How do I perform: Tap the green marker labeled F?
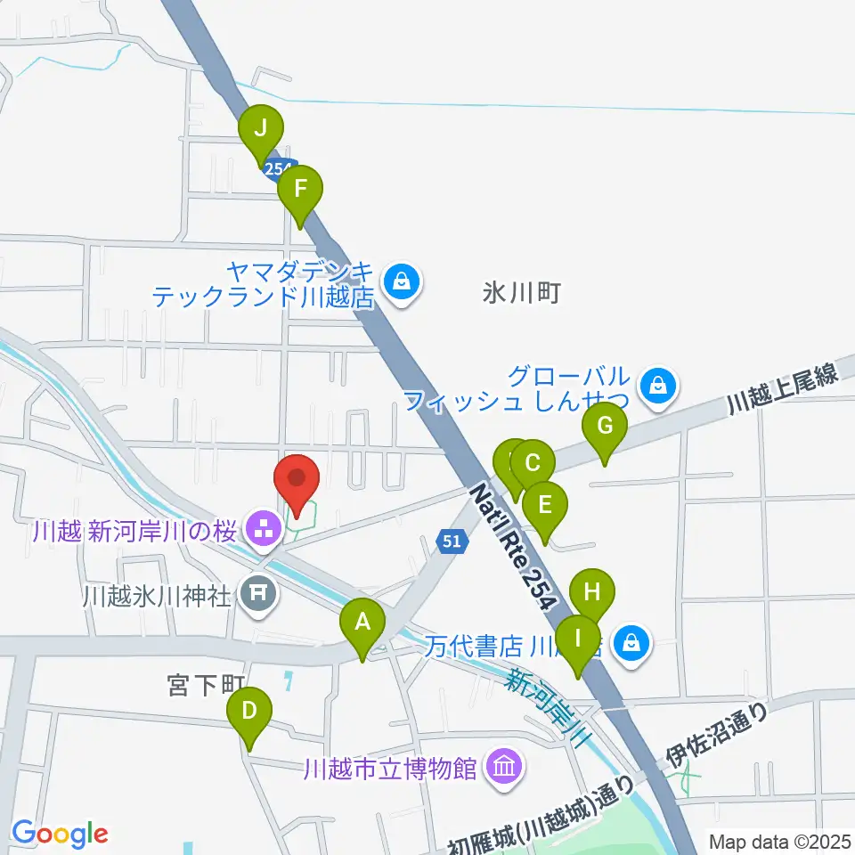tap(300, 190)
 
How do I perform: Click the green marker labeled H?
tap(592, 592)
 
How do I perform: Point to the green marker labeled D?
tap(249, 712)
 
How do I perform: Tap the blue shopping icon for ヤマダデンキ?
tap(403, 282)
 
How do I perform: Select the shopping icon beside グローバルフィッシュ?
tap(657, 387)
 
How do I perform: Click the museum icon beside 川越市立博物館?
tap(504, 766)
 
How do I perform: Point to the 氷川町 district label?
tap(522, 293)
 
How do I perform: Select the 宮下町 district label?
tap(206, 686)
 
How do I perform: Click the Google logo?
tap(60, 834)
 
